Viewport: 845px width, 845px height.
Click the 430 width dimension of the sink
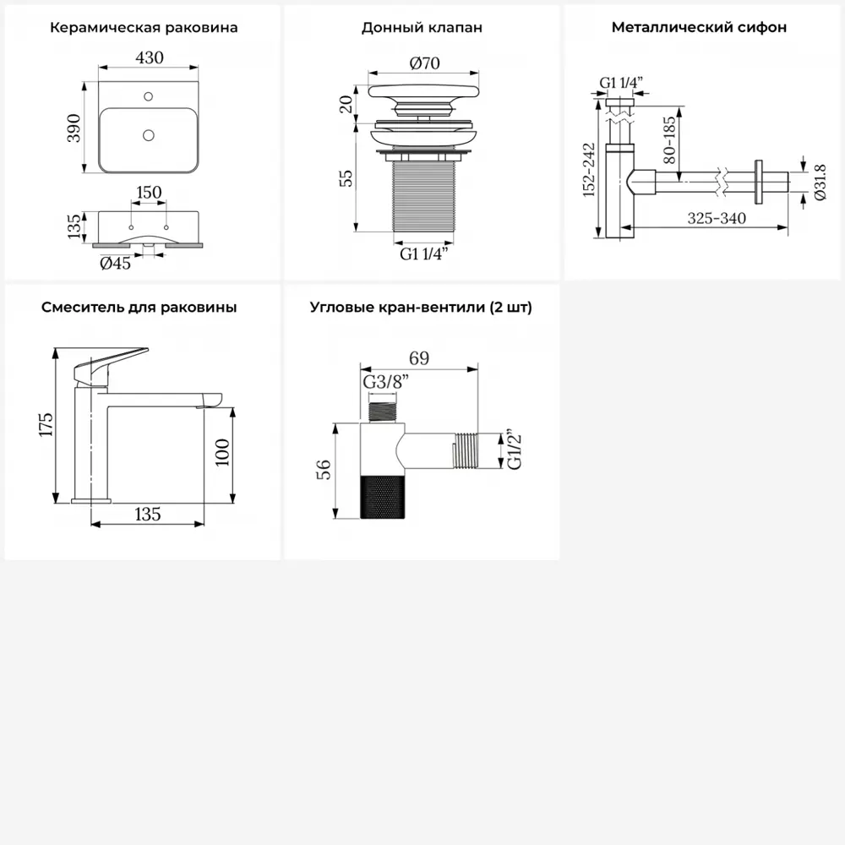coord(150,57)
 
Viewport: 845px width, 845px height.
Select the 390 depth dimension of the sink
coord(74,128)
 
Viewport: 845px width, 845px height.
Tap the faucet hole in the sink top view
coord(148,96)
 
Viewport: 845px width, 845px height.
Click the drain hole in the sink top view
coord(149,134)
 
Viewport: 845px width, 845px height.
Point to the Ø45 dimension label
coord(115,263)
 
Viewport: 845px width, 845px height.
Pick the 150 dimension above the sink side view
coord(149,193)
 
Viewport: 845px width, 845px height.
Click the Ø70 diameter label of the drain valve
coord(425,63)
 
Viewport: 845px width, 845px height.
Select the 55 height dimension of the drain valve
coord(346,177)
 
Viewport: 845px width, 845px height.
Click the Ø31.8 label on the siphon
coord(820,183)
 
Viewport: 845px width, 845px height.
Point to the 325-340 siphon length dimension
coord(717,218)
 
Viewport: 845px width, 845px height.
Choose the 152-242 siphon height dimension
coord(589,170)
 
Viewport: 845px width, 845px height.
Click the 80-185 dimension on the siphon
coord(668,140)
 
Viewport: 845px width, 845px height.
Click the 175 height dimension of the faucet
coord(46,425)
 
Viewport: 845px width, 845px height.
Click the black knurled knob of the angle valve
coord(383,498)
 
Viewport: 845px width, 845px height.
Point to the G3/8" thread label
coord(386,382)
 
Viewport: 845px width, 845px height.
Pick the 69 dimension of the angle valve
coord(419,358)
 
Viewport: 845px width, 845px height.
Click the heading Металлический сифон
coord(699,28)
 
